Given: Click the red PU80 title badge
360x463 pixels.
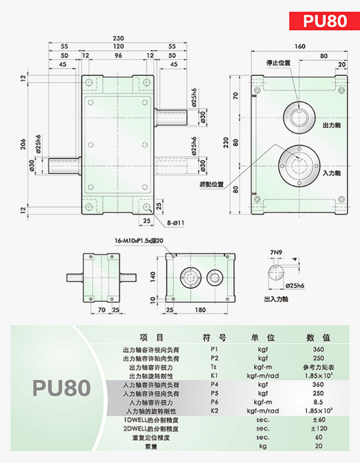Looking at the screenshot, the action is (x=324, y=21).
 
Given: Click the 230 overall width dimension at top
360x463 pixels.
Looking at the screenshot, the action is (x=118, y=38).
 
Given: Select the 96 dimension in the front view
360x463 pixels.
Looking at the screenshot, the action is (x=118, y=56).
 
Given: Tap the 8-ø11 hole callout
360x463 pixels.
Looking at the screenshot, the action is (x=175, y=223).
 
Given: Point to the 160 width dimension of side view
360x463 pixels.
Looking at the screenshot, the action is (x=300, y=47).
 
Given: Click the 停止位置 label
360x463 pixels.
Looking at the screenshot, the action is (x=278, y=63).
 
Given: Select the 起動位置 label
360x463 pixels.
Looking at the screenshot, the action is (x=212, y=185).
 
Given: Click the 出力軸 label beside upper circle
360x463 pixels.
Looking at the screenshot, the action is (x=332, y=125).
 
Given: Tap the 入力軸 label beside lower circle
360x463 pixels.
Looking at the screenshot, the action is (x=332, y=173).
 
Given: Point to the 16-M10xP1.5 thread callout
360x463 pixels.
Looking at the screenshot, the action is (x=139, y=241).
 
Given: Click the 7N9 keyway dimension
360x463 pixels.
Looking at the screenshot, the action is (x=276, y=252).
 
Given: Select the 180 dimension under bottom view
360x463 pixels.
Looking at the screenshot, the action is (x=200, y=310).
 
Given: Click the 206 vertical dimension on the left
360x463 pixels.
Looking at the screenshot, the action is (x=23, y=144).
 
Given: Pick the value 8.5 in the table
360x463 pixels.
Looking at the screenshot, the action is (x=318, y=402).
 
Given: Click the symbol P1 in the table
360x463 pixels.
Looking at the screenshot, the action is (x=214, y=349).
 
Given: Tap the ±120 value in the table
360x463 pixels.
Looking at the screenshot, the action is (x=319, y=428).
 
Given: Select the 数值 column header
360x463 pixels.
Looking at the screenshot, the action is (x=318, y=337).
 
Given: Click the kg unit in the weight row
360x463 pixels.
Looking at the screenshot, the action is (x=263, y=446).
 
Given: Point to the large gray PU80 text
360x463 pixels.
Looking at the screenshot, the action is (x=61, y=388).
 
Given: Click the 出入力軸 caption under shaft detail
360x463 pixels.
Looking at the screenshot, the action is (x=276, y=299).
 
